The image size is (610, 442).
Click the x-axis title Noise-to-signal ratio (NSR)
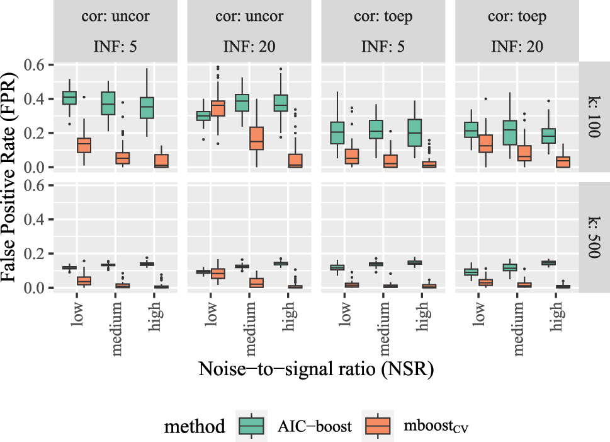point(315,369)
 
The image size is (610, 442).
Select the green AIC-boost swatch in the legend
point(251,426)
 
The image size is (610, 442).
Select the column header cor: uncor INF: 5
point(116,31)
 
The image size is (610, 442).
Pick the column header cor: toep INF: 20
point(517,31)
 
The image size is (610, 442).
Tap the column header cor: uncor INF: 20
point(249,31)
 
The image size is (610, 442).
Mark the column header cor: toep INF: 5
point(383,31)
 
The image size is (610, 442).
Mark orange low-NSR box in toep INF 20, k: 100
point(485,144)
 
